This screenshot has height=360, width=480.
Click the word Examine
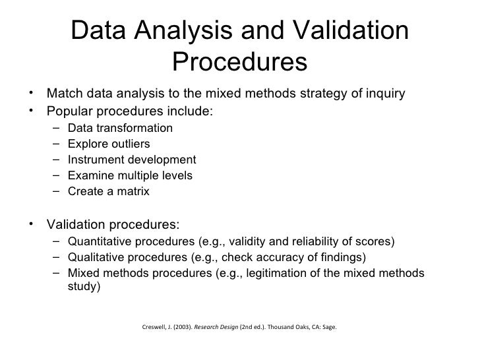click(90, 175)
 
